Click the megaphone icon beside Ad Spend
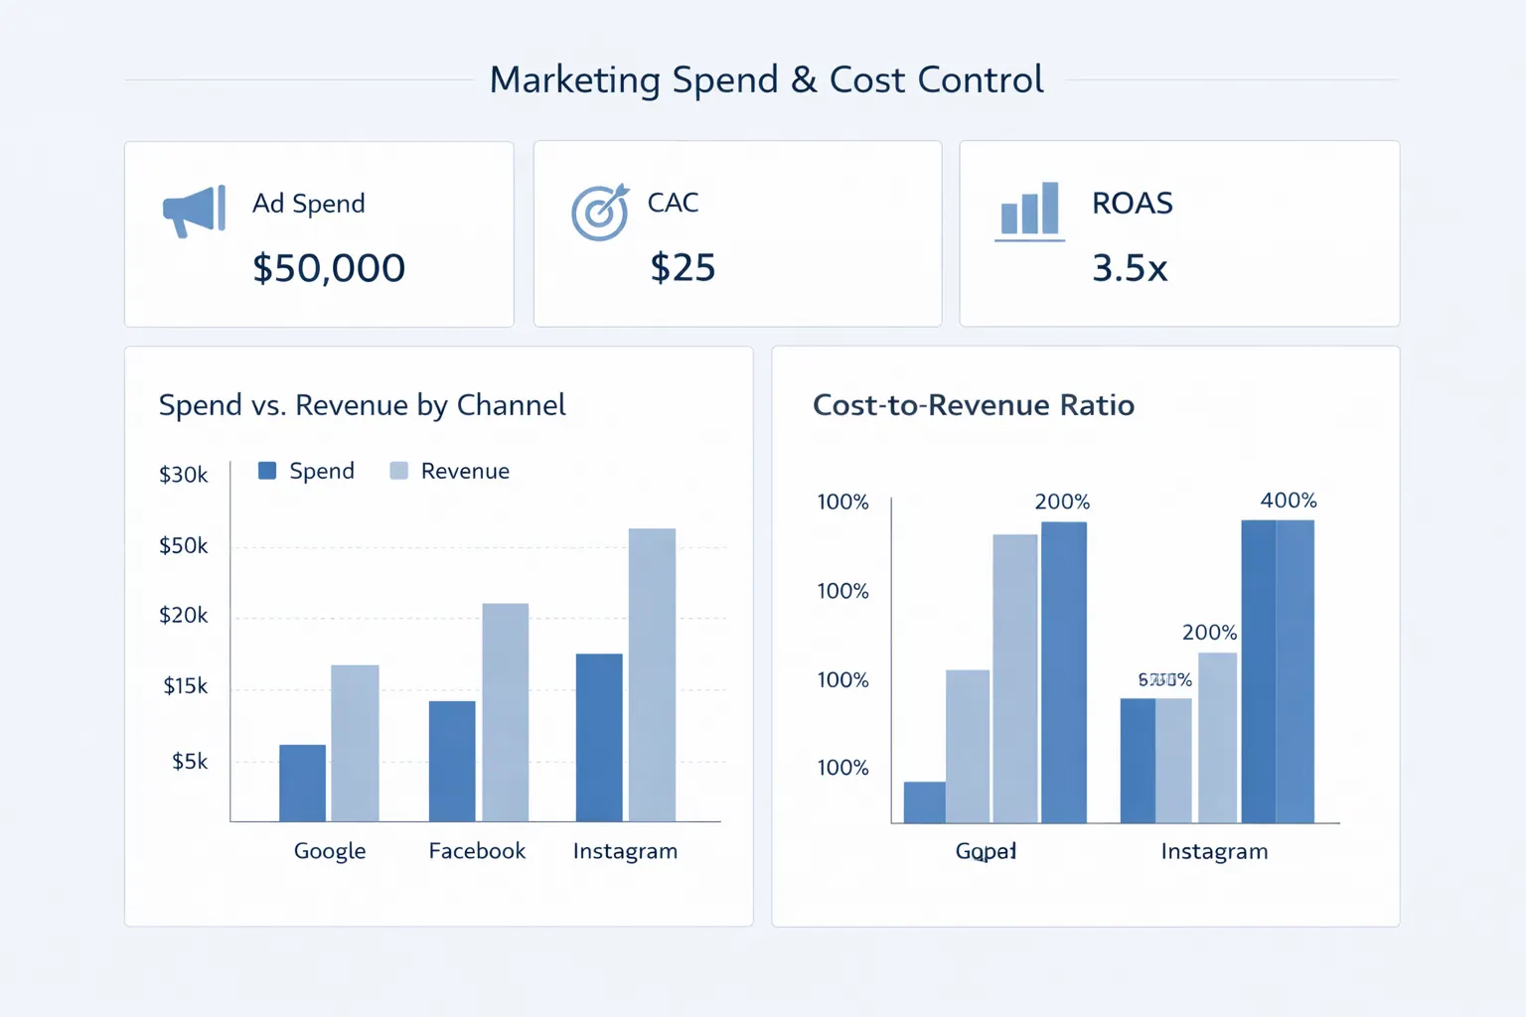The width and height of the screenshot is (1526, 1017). pos(194,210)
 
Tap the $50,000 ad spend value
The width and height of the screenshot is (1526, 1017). pos(329,268)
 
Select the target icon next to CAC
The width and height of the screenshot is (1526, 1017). pos(600,212)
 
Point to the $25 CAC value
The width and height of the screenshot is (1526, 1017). pos(683,268)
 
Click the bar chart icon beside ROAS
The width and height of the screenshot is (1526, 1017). pos(1030,211)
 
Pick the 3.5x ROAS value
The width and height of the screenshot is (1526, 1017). pos(1130,268)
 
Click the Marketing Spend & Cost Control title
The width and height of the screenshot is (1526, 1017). pos(766,79)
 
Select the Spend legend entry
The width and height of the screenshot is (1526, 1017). pos(306,471)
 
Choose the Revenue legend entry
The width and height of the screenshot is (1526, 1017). pos(450,471)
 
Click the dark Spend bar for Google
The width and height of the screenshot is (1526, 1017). pos(302,783)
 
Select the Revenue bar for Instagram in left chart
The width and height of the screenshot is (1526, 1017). pos(652,674)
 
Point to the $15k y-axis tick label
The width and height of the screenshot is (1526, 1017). pos(186,686)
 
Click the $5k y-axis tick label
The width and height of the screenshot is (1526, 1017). pos(190,762)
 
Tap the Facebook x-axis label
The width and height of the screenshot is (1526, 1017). pos(477,851)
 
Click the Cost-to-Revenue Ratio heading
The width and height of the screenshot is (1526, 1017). pos(974,405)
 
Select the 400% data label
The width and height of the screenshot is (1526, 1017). pos(1289,501)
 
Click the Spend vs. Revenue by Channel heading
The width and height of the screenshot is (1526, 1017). pos(363,405)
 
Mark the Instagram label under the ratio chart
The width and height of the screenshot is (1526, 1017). pos(1214,851)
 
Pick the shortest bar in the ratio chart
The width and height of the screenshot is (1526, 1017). pos(924,802)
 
